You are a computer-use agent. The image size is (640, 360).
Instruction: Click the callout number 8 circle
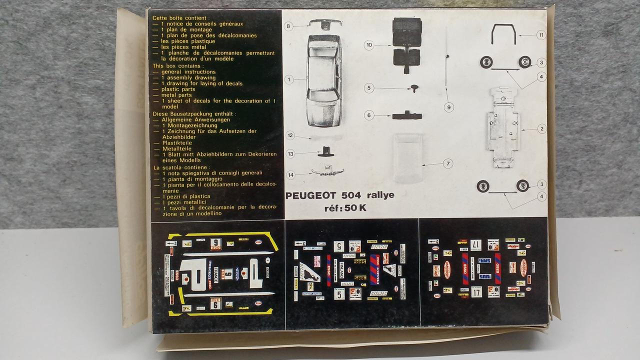tap(288, 26)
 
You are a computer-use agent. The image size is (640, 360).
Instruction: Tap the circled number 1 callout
tap(288, 79)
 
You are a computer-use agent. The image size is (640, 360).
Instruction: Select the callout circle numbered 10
tap(369, 45)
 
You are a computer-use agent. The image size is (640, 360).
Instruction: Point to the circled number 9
tap(448, 106)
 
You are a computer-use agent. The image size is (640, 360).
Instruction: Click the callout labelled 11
tap(540, 35)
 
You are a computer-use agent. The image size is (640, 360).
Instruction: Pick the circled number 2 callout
tap(541, 129)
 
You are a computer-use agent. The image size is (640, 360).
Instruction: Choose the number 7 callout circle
tap(448, 163)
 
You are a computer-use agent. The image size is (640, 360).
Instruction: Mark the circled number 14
tap(290, 174)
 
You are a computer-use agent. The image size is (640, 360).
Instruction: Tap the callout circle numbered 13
tap(290, 153)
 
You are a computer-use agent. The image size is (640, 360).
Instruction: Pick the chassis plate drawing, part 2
tap(502, 128)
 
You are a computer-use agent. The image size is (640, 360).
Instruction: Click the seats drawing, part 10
tap(406, 44)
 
